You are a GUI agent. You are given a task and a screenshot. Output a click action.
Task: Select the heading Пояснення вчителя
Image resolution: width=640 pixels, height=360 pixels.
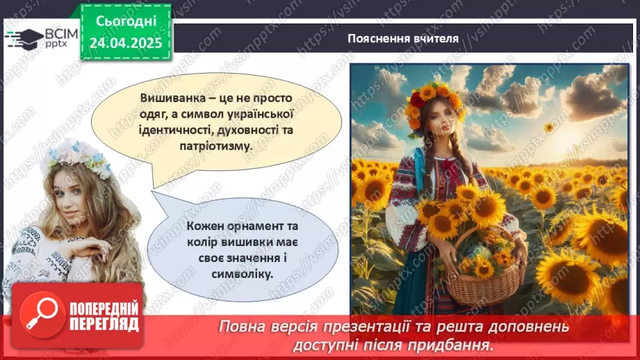403,38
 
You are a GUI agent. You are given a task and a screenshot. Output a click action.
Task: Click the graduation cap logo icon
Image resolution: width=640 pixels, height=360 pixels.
22,37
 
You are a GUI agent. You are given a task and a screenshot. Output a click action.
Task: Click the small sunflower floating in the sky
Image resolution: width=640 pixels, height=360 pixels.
548,127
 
